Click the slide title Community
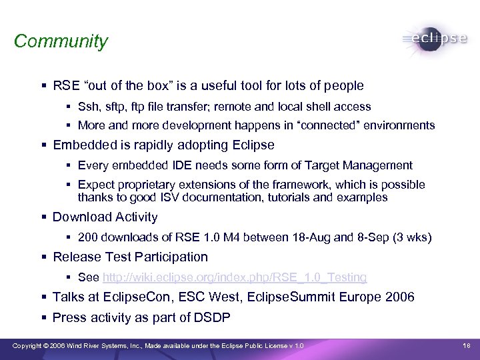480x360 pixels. (x=61, y=41)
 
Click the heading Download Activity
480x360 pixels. (x=105, y=217)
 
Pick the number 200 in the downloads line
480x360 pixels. (x=88, y=237)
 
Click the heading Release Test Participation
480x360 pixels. (x=130, y=257)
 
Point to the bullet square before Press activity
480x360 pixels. (x=43, y=318)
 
